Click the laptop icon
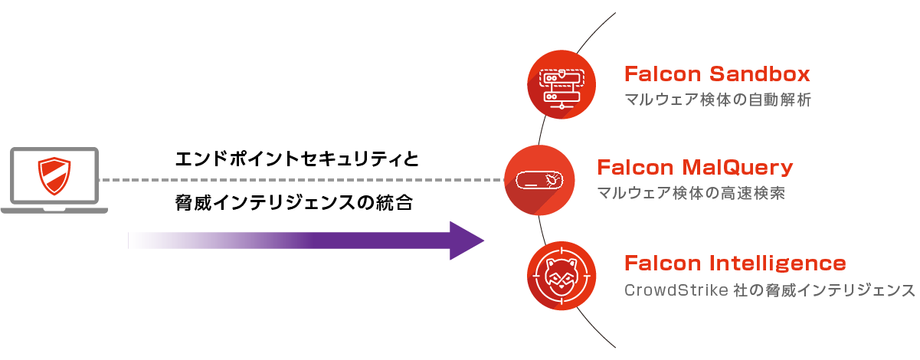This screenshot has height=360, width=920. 54,180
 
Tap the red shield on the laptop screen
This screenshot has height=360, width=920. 54,175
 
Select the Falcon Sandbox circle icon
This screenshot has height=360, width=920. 562,83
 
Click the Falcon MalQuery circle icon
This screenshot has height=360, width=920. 539,180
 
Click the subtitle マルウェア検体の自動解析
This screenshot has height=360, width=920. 717,100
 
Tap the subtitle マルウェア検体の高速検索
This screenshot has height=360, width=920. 690,193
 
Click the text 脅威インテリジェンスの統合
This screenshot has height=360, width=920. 293,204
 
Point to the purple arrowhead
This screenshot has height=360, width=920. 466,241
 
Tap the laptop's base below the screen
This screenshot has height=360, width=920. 54,209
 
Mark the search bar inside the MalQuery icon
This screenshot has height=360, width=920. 539,181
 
